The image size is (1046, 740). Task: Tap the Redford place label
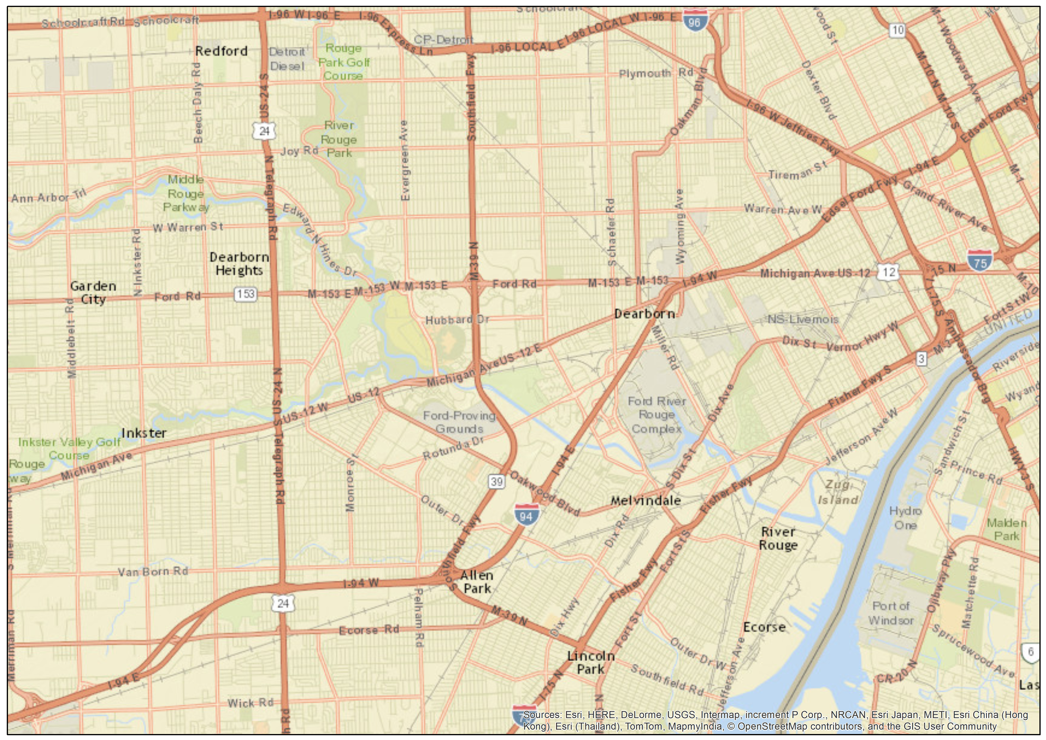[x=221, y=51]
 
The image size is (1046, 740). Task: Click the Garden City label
[x=93, y=292]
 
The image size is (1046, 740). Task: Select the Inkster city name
[x=144, y=433]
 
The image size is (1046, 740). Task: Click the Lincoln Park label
[x=591, y=662]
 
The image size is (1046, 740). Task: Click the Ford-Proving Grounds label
[x=459, y=422]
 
